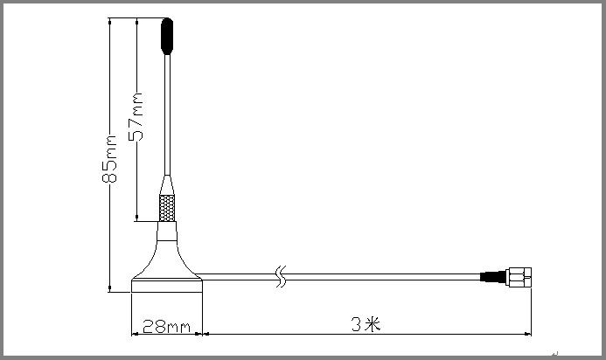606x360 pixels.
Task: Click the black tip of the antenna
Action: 165,36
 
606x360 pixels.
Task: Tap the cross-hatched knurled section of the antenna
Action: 166,209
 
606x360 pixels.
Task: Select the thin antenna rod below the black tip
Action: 166,114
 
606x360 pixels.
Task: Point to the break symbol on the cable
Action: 281,276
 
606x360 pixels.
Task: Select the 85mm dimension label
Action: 110,158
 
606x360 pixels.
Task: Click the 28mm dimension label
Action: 166,327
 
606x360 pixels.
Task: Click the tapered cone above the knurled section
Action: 166,186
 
